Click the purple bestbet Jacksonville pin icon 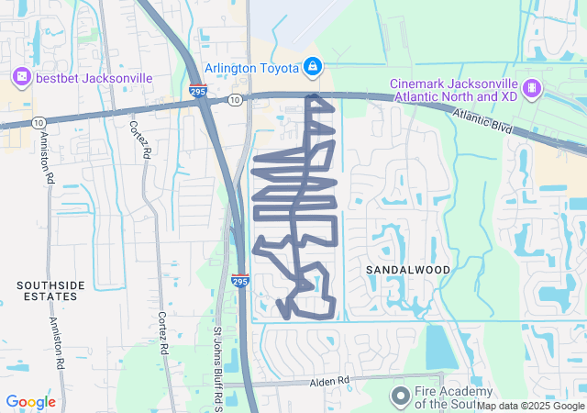point(21,78)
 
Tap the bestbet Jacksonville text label point(94,78)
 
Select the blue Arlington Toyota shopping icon point(313,67)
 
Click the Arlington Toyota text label point(251,68)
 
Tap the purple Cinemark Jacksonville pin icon point(531,88)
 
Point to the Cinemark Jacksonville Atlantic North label point(454,88)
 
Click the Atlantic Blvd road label point(482,120)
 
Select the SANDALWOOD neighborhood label point(408,270)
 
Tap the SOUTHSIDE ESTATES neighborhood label point(51,292)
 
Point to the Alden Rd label point(330,380)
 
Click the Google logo point(30,402)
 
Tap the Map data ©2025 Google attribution point(530,406)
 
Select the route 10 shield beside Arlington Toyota point(236,99)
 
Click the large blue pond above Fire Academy point(441,348)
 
